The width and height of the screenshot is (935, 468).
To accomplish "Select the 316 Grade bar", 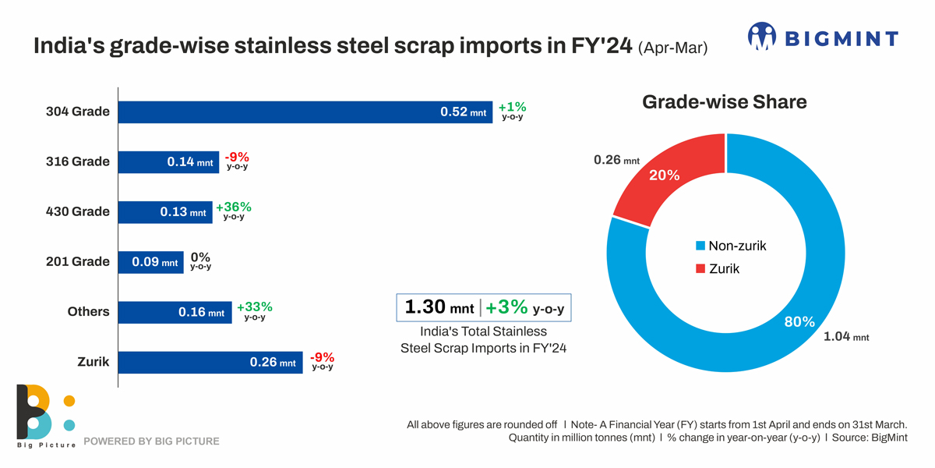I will [168, 162].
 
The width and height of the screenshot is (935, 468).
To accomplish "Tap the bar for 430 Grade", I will [165, 212].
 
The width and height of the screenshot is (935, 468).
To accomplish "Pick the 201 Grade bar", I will [150, 262].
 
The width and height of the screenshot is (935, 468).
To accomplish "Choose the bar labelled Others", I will [175, 312].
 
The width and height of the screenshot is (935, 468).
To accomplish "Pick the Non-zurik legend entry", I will [731, 246].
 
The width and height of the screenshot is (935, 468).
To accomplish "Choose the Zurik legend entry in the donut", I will [718, 268].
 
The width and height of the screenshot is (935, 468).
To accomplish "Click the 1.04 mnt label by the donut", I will [845, 337].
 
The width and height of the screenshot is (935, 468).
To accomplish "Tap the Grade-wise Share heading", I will [724, 102].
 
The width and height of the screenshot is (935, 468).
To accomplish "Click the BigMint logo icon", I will [762, 37].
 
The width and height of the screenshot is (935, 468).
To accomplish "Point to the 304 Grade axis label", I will [77, 112].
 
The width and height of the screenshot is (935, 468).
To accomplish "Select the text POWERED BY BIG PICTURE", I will [151, 441].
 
